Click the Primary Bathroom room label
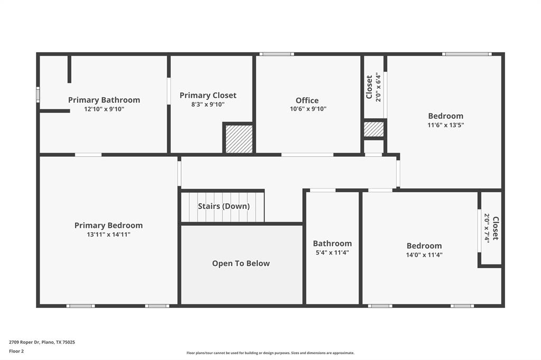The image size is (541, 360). [x=104, y=100]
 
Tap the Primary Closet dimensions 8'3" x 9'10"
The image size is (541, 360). [x=208, y=105]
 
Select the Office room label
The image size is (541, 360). [x=307, y=100]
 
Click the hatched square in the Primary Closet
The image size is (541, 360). [x=239, y=139]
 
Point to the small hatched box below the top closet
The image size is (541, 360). [x=374, y=129]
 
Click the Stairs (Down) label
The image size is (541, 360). [x=223, y=206]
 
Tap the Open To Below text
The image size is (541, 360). [x=241, y=263]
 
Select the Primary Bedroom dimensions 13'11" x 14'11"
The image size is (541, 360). [x=108, y=235]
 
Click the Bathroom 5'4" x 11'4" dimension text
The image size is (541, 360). [x=332, y=252]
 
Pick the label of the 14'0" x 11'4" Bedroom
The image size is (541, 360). [x=424, y=245]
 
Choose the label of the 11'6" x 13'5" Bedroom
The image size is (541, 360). [x=445, y=116]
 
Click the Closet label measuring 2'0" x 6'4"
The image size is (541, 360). [x=369, y=87]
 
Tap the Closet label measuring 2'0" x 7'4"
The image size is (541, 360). [x=495, y=228]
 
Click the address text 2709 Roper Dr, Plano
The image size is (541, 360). [x=42, y=342]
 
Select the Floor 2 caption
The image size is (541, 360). [x=16, y=351]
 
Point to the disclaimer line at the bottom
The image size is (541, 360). [x=270, y=353]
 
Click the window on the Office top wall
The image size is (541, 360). [x=276, y=54]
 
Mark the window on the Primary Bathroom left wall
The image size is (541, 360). [x=38, y=94]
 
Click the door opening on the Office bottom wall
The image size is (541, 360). [x=307, y=155]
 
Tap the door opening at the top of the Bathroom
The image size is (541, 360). [x=322, y=190]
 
